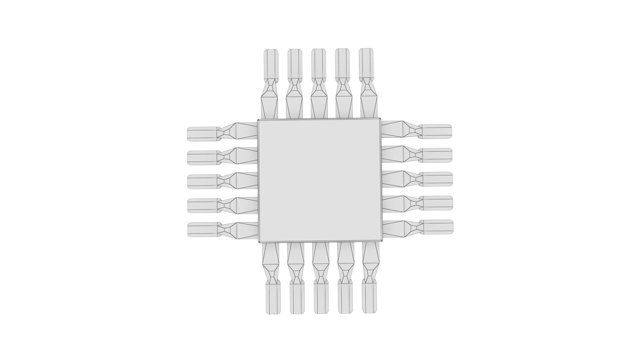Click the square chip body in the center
tap(320, 180)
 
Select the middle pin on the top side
tap(319, 83)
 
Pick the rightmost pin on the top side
tap(367, 83)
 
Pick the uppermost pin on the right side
tap(417, 130)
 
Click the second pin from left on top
tap(294, 83)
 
